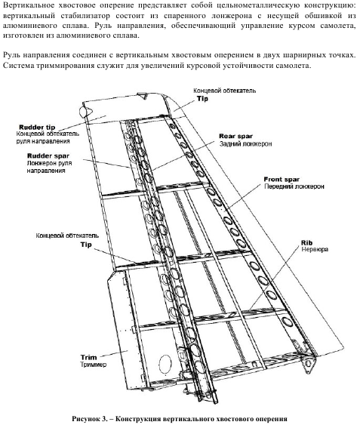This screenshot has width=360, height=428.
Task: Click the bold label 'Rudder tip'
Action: tap(37, 128)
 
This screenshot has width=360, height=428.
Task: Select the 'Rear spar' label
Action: tap(235, 136)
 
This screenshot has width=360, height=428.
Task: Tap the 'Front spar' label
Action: tap(282, 180)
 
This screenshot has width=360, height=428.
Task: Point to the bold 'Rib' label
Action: tap(306, 242)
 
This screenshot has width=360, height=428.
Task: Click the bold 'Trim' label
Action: tap(88, 357)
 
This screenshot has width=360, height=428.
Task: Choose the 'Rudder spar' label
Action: tap(48, 155)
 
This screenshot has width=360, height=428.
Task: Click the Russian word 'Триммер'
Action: tap(93, 365)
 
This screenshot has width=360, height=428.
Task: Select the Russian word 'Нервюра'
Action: tap(315, 250)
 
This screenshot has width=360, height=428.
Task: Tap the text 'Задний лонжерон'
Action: tap(245, 143)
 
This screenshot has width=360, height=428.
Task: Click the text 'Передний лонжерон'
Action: tap(294, 186)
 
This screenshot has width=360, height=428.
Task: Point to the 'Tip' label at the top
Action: tap(202, 99)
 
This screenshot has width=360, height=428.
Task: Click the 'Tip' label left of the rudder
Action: tap(86, 245)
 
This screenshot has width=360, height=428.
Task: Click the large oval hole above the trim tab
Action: tap(165, 365)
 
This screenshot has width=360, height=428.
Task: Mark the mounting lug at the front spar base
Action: tap(309, 363)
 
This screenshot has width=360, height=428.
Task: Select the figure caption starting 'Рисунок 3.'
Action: tap(180, 419)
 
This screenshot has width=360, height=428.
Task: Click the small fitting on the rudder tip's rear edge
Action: tap(85, 112)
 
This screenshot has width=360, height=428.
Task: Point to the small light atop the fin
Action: tap(142, 95)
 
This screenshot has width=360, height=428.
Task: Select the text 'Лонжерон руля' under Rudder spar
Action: tap(49, 163)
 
